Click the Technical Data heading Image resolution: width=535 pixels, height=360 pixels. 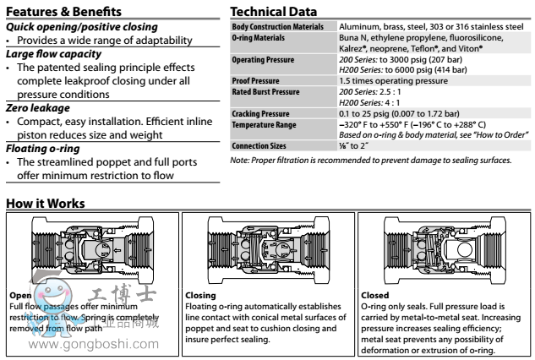pyautogui.click(x=275, y=12)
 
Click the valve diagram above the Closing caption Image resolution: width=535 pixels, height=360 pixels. pyautogui.click(x=268, y=247)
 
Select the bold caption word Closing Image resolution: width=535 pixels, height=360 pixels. pyautogui.click(x=199, y=295)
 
